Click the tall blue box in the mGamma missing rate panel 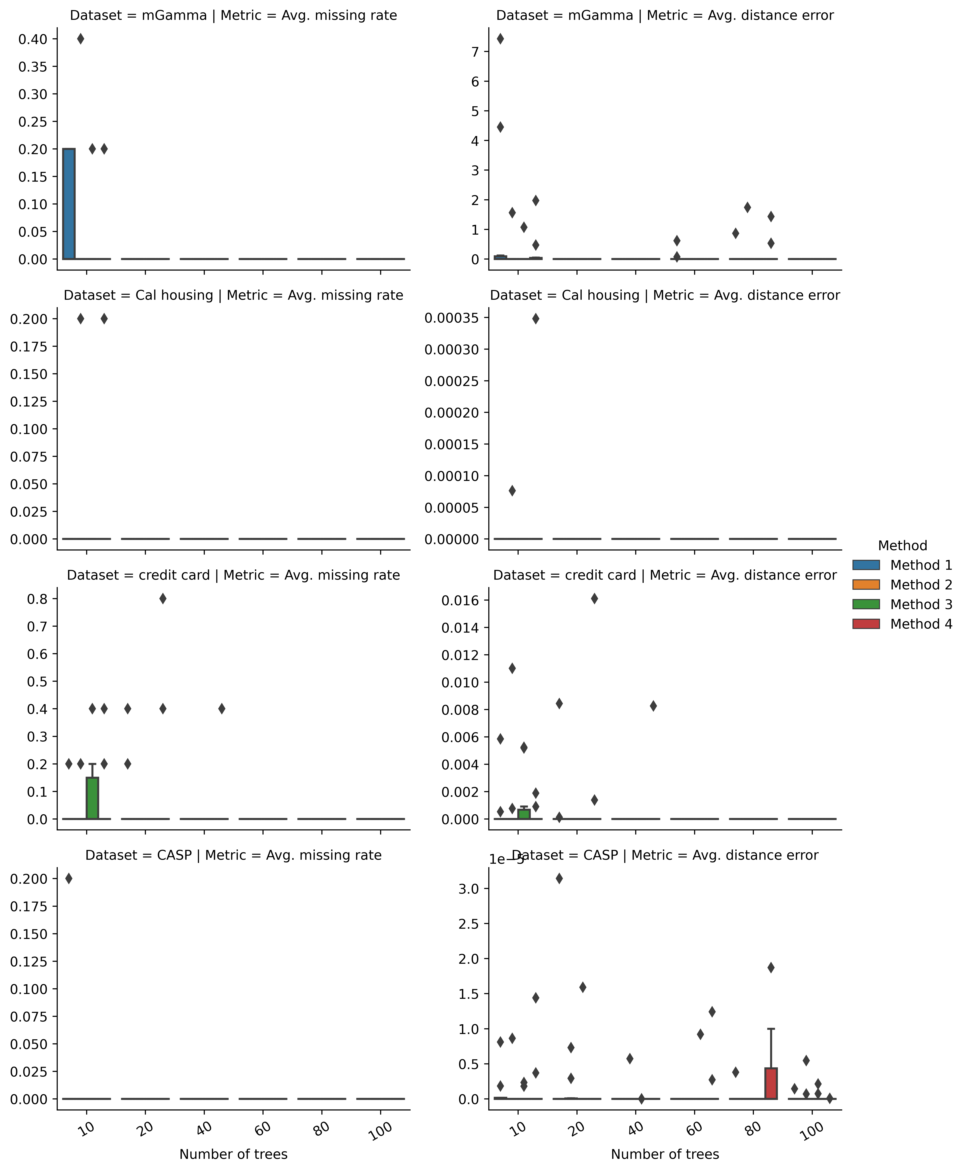click(69, 204)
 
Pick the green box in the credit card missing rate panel click(92, 798)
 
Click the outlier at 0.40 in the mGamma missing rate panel click(81, 39)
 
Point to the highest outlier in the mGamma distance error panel click(500, 39)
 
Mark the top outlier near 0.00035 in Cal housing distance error click(535, 318)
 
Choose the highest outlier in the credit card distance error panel click(594, 599)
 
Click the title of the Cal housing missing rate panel click(233, 295)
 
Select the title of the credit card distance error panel click(665, 575)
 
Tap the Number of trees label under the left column click(233, 1154)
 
